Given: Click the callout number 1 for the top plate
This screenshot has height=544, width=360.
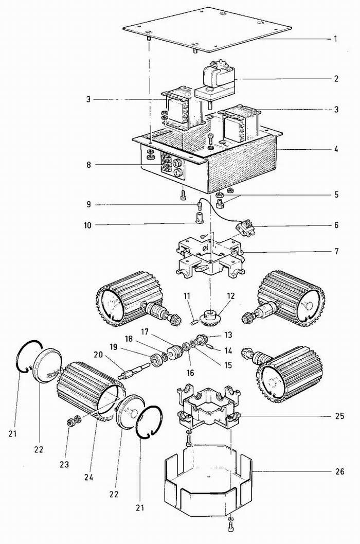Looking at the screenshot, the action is (335, 39).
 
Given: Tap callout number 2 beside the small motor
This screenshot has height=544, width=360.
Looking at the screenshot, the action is (336, 79).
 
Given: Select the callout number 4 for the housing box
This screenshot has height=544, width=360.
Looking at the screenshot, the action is (336, 150).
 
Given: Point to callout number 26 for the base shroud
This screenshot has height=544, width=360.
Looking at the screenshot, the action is (340, 471).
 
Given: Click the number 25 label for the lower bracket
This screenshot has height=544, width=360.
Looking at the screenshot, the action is (340, 416).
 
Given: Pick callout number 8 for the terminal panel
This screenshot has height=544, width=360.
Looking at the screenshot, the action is (89, 165).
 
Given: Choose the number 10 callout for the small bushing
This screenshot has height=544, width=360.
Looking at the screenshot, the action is (87, 225).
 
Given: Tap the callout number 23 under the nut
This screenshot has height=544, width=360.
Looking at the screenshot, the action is (64, 464).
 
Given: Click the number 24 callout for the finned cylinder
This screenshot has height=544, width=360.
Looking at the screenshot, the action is (89, 478).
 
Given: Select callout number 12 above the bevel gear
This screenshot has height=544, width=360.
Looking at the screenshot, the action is (230, 296).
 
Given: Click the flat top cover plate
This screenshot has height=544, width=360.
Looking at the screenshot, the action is (207, 29).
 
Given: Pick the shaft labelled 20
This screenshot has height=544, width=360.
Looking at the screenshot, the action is (135, 370).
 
